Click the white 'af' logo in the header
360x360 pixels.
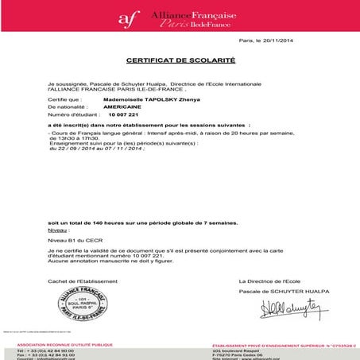click(127, 17)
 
